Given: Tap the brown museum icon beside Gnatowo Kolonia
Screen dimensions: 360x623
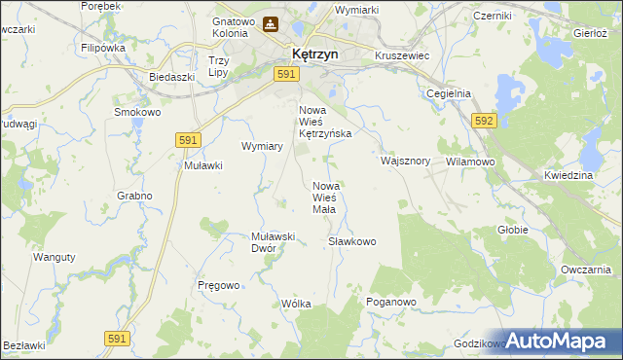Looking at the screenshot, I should click(271, 24).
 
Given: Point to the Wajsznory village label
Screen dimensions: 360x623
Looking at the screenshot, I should click(406, 161).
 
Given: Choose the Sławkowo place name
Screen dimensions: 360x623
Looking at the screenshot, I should click(351, 241).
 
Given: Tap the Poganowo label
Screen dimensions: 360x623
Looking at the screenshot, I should click(391, 303).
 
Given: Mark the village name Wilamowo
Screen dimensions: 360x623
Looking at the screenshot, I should click(471, 162).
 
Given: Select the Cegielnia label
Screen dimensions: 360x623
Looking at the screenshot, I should click(449, 93).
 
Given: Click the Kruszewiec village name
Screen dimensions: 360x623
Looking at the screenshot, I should click(402, 56).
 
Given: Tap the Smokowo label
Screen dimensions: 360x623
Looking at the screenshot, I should click(137, 112).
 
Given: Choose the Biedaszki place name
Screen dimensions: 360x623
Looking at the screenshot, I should click(166, 76).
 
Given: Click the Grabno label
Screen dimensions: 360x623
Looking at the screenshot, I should click(135, 196).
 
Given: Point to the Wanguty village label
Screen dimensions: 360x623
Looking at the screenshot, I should click(55, 257).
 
